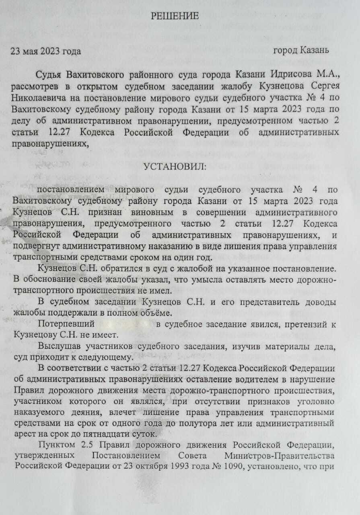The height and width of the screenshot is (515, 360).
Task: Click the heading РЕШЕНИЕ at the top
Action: pos(175,16)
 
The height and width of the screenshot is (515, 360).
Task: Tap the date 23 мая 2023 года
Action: pos(45,51)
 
